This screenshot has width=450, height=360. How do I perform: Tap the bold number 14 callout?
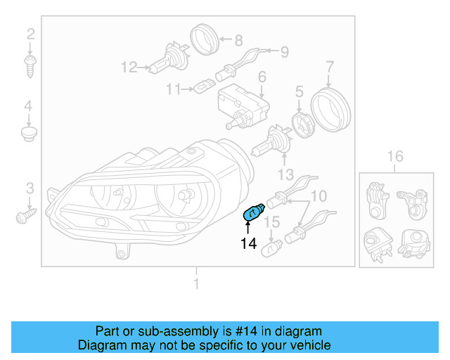coord(248,244)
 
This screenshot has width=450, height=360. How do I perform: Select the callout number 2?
coord(30,34)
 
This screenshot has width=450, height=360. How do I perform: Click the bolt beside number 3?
coord(25,214)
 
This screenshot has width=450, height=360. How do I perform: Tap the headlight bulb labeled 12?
coord(169,64)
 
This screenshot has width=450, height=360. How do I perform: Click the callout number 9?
coord(285,51)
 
